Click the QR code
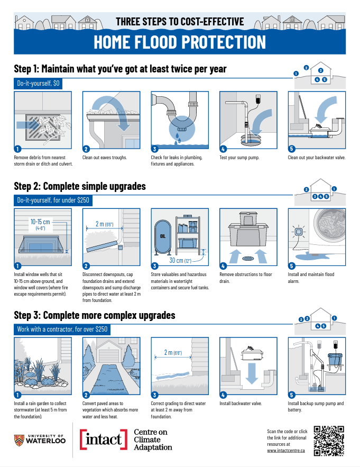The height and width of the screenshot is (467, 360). click(x=329, y=441)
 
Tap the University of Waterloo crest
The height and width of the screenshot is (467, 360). click(x=19, y=440)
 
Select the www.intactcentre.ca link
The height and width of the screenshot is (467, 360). click(x=286, y=451)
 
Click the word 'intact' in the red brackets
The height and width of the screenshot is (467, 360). click(x=103, y=439)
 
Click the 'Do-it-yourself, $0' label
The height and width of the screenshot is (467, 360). click(x=38, y=84)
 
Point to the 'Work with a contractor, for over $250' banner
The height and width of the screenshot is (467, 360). click(x=62, y=329)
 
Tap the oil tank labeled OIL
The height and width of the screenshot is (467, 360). click(x=163, y=237)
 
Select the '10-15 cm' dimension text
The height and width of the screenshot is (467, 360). click(x=40, y=222)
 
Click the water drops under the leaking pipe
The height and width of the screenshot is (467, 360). click(x=178, y=138)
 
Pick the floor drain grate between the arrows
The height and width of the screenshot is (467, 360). click(x=248, y=258)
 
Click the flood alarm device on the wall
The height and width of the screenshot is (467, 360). click(x=299, y=231)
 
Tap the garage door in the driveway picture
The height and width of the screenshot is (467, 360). click(x=108, y=356)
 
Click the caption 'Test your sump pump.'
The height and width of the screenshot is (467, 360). click(x=239, y=158)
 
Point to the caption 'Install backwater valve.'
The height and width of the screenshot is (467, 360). click(x=241, y=404)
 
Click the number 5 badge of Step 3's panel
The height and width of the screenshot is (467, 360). click(x=291, y=395)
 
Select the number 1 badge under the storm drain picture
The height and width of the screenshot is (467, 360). click(x=17, y=149)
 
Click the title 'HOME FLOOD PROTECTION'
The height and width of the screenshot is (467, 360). click(x=180, y=42)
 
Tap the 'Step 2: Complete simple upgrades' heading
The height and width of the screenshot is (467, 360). click(x=80, y=187)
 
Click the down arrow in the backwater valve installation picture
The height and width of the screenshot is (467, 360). click(x=252, y=373)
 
